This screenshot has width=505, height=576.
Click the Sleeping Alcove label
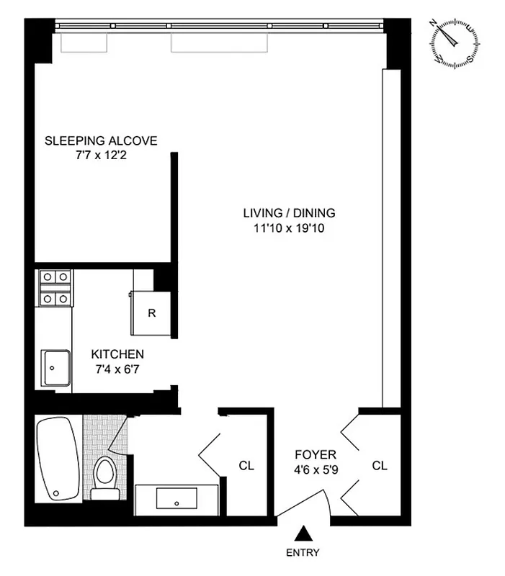point(101,140)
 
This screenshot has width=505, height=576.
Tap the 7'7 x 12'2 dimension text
point(101,155)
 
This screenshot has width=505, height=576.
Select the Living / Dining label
point(289,213)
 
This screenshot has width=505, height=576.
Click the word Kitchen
point(117,354)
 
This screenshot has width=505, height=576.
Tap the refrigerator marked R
point(151,313)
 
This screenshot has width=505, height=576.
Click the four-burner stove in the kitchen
point(55,288)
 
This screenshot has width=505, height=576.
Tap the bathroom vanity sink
point(177,498)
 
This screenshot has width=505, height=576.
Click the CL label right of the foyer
point(380,466)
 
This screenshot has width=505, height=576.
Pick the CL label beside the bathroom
point(246,466)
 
